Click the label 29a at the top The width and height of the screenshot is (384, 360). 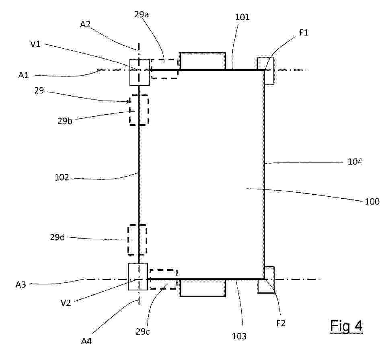click(141, 15)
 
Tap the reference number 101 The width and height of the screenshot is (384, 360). click(242, 17)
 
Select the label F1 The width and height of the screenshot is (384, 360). click(304, 33)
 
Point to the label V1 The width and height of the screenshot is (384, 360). click(35, 44)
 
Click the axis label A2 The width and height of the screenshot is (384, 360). click(85, 24)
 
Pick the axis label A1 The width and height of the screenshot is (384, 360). click(24, 75)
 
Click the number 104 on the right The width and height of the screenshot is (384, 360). click(355, 162)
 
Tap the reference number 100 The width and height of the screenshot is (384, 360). click(372, 202)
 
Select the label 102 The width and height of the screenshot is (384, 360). click(62, 177)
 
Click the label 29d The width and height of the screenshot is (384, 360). click(57, 237)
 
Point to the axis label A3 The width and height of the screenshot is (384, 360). click(21, 284)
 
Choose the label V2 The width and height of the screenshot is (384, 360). click(66, 303)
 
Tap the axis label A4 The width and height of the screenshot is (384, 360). click(86, 341)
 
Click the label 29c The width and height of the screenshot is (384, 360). click(143, 331)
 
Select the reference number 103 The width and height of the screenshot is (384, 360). click(239, 336)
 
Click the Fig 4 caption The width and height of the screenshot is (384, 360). click(346, 326)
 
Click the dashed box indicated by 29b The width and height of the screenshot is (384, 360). click(130, 110)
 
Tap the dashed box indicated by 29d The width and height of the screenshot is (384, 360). click(128, 240)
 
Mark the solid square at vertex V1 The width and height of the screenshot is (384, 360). click(130, 72)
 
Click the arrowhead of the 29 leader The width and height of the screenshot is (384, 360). click(128, 101)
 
